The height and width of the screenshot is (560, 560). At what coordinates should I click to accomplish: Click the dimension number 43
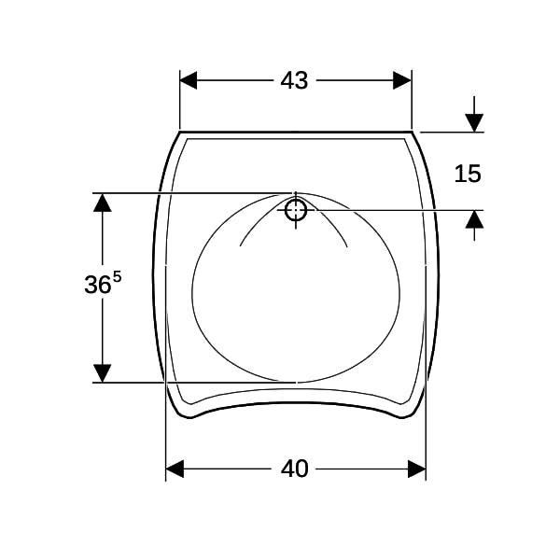pyautogui.click(x=294, y=80)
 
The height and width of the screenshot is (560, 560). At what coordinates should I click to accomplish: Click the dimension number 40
pyautogui.click(x=294, y=469)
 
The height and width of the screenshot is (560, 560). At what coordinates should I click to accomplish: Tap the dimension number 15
pyautogui.click(x=468, y=174)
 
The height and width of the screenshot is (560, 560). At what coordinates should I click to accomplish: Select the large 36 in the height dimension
pyautogui.click(x=97, y=285)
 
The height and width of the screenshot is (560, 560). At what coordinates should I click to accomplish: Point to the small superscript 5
pyautogui.click(x=118, y=276)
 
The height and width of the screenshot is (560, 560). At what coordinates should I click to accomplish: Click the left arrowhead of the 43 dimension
pyautogui.click(x=189, y=80)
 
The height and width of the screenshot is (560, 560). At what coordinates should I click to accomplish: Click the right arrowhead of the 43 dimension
pyautogui.click(x=402, y=80)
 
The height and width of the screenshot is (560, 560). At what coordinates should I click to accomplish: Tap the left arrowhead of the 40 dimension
pyautogui.click(x=175, y=469)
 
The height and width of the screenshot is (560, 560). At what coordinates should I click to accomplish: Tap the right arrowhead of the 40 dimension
pyautogui.click(x=417, y=469)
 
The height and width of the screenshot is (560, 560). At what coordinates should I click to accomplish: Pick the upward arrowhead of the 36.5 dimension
pyautogui.click(x=103, y=203)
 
